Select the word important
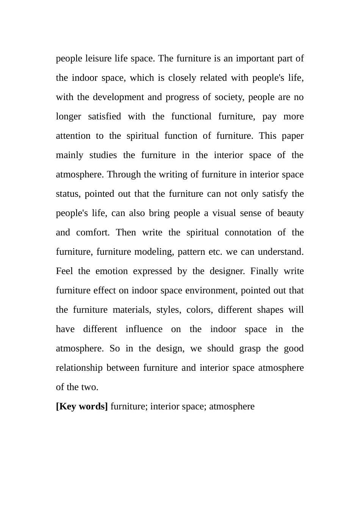tap(255, 58)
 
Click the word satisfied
tap(104, 116)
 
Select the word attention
tap(73, 136)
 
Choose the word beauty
tap(291, 213)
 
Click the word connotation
tap(248, 232)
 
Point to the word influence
tap(144, 329)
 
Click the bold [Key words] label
tap(82, 406)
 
